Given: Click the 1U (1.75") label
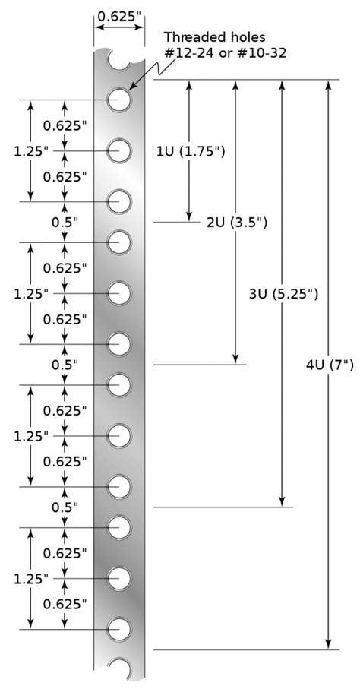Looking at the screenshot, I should click(x=191, y=151).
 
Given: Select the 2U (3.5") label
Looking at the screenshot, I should click(x=238, y=223).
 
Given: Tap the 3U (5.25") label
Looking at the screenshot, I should click(x=283, y=293).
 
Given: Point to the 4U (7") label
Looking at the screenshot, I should click(x=329, y=365).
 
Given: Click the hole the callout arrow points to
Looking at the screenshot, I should click(x=119, y=100).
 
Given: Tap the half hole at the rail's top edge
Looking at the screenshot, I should click(x=119, y=58).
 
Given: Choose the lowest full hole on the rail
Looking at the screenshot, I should click(x=119, y=629).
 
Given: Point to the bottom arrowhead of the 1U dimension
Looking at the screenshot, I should click(x=189, y=216).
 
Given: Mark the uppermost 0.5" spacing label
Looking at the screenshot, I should click(x=65, y=222).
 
